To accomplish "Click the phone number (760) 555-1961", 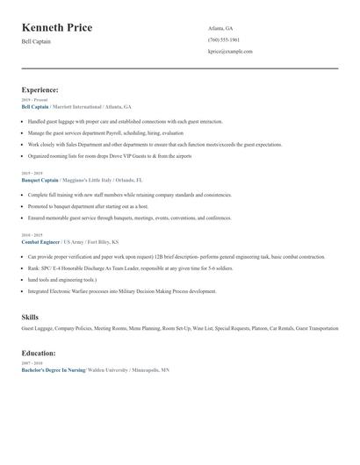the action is coord(224,39).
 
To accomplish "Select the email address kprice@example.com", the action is coord(230,52).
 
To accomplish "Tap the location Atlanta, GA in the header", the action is coord(220,28).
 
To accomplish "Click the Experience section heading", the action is coord(40,89).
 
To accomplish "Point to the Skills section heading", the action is coord(30,317).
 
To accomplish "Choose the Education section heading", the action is coord(39,353).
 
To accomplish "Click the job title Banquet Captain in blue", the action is coord(40,180).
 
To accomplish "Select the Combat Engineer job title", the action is coord(40,241).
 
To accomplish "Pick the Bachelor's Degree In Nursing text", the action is coord(53,370).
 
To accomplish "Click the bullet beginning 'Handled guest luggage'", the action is coord(125,122).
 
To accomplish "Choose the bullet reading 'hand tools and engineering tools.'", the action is coord(61,279).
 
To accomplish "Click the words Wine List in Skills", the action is coord(202,328).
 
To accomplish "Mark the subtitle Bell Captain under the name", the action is coord(36,41).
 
